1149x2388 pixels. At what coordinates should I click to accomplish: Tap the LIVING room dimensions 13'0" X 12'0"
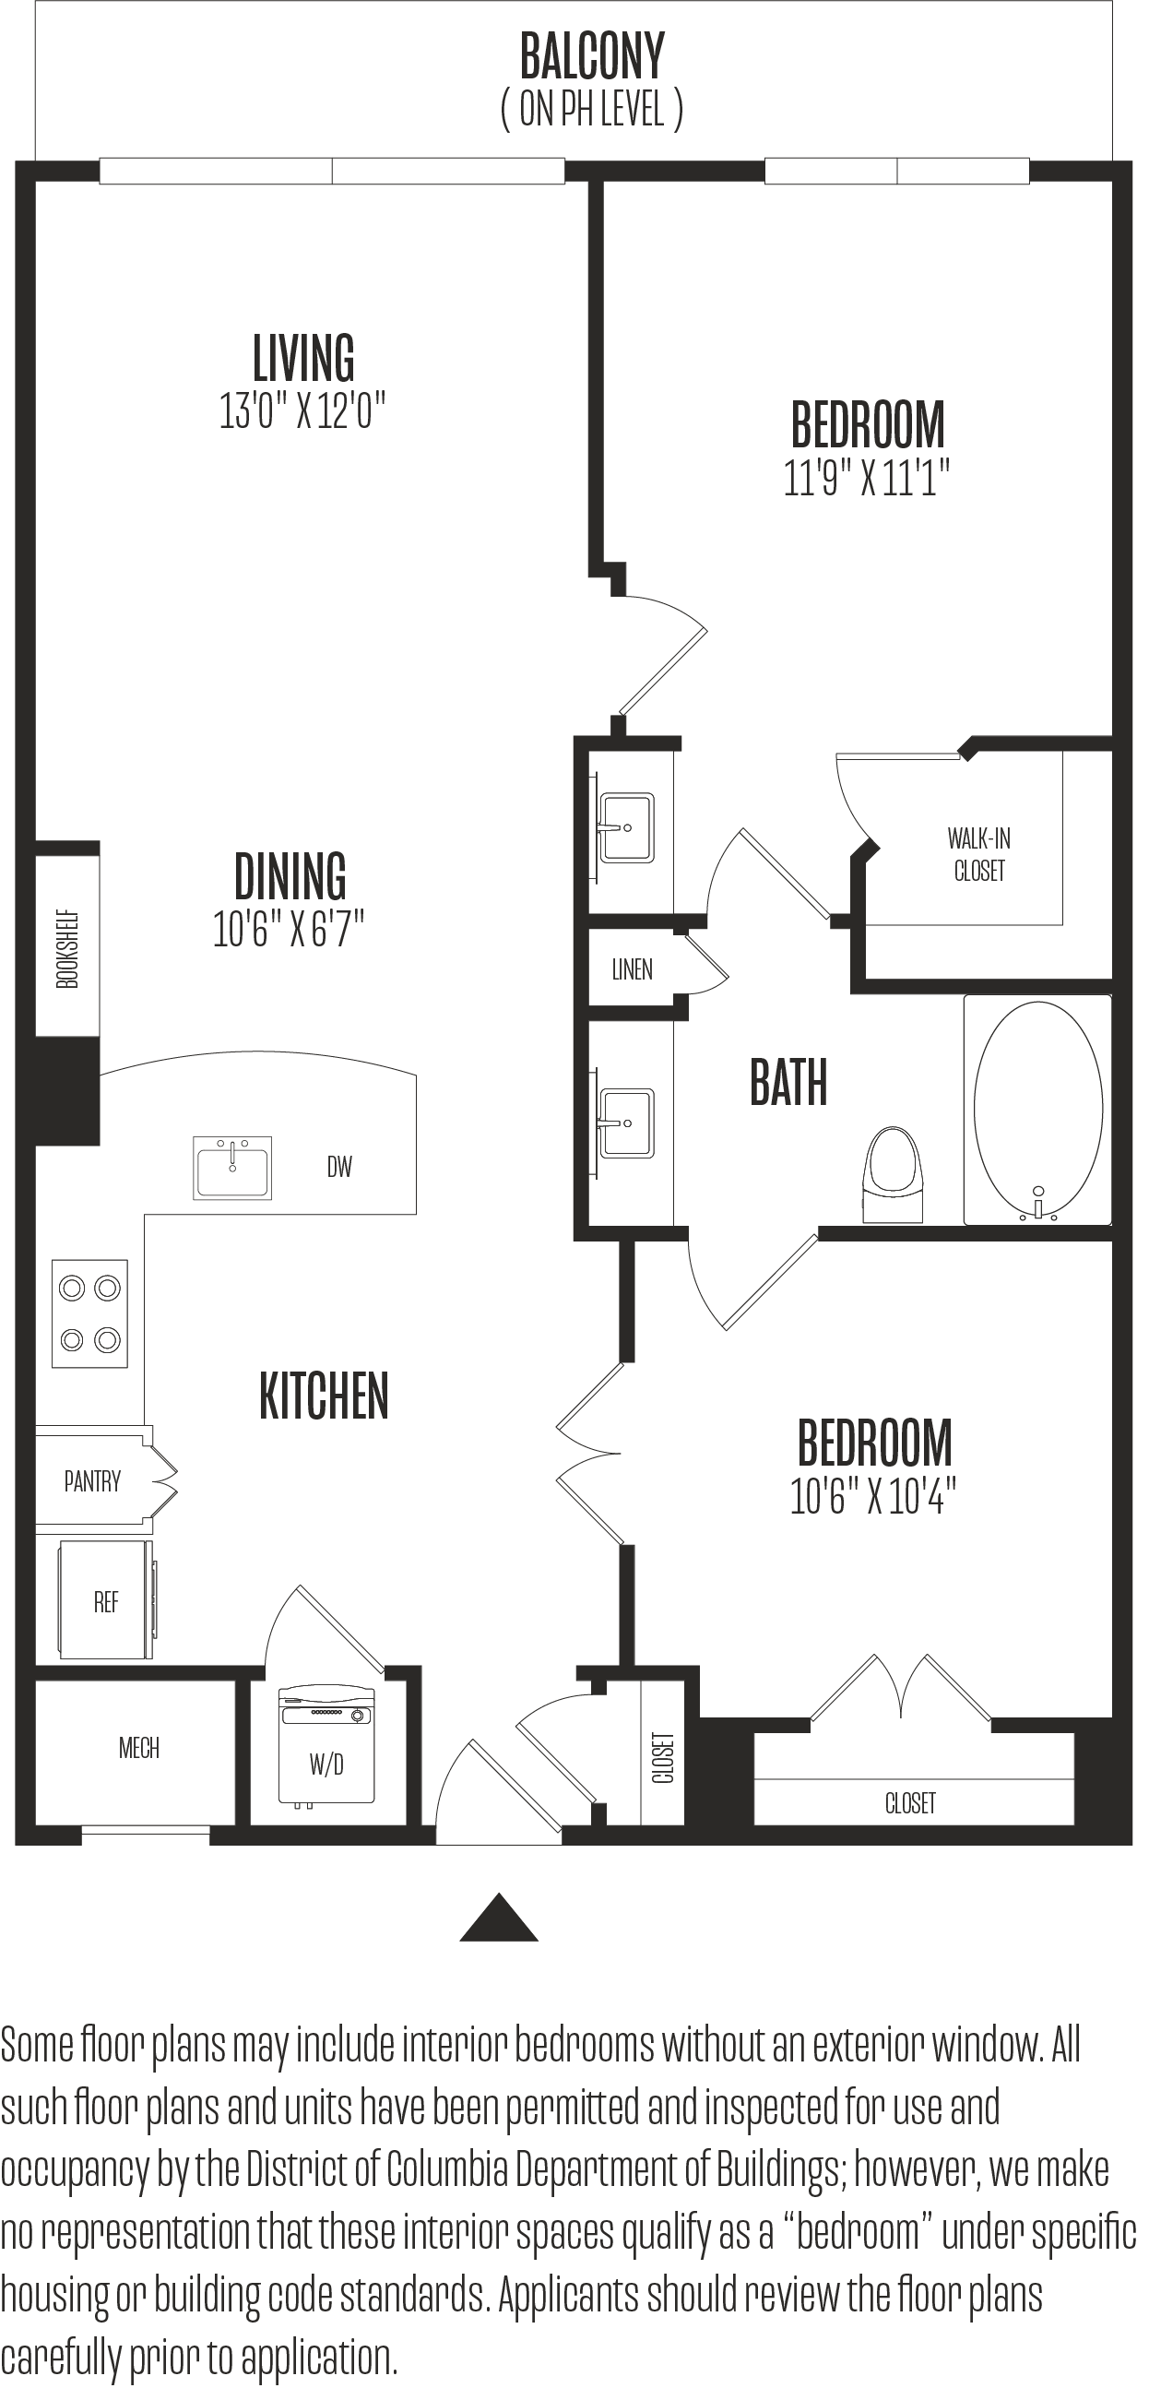[302, 410]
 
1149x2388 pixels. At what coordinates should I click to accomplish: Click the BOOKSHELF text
[67, 949]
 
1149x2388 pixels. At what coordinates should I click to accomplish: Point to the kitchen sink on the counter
[232, 1167]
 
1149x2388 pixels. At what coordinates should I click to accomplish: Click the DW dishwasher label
[339, 1166]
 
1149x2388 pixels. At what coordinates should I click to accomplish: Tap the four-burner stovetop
[89, 1313]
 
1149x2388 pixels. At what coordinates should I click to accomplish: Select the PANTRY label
[92, 1480]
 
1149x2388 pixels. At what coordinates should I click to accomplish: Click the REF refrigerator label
[107, 1602]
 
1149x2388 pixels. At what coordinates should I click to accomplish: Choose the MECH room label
[139, 1749]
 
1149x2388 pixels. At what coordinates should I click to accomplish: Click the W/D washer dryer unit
[326, 1743]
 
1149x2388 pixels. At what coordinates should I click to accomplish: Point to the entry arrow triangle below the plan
[499, 1917]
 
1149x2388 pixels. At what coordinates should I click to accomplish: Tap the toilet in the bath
[894, 1174]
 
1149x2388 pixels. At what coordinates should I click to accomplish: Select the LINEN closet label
[632, 969]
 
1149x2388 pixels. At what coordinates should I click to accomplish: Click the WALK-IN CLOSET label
[979, 854]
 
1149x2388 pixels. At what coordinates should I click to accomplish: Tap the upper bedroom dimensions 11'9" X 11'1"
[868, 478]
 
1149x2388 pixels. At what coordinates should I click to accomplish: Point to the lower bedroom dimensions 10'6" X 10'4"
[874, 1495]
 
